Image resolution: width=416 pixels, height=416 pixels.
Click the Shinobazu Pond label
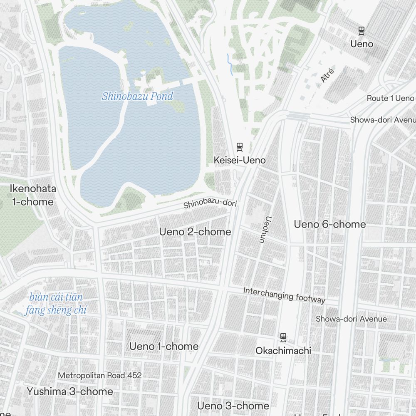[137, 97]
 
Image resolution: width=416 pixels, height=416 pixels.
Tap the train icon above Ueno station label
[362, 30]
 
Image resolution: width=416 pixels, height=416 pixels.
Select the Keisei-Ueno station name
[240, 160]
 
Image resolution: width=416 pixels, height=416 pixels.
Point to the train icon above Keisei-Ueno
[240, 146]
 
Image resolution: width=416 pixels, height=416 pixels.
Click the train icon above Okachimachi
[283, 337]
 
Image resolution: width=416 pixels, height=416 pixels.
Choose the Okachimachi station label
[283, 351]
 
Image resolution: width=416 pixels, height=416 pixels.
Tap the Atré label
[328, 76]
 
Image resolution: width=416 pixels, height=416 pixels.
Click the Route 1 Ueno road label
[390, 98]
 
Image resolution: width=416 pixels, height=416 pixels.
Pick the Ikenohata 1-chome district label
[33, 195]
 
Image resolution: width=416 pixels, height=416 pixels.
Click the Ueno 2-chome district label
[195, 232]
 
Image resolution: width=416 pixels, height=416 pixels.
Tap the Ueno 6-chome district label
[330, 225]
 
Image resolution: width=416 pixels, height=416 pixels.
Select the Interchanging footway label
[284, 295]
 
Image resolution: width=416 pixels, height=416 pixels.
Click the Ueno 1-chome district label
[164, 347]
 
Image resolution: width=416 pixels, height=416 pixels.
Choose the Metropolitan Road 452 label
[100, 375]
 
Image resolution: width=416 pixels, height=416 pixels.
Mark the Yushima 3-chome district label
[70, 391]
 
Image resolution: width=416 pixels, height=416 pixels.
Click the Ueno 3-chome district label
[233, 406]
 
